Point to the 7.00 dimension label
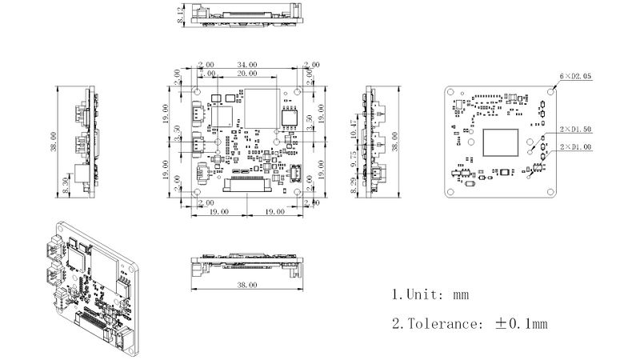(x=207, y=73)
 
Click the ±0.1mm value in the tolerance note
(x=522, y=324)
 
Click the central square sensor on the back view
(x=502, y=142)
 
